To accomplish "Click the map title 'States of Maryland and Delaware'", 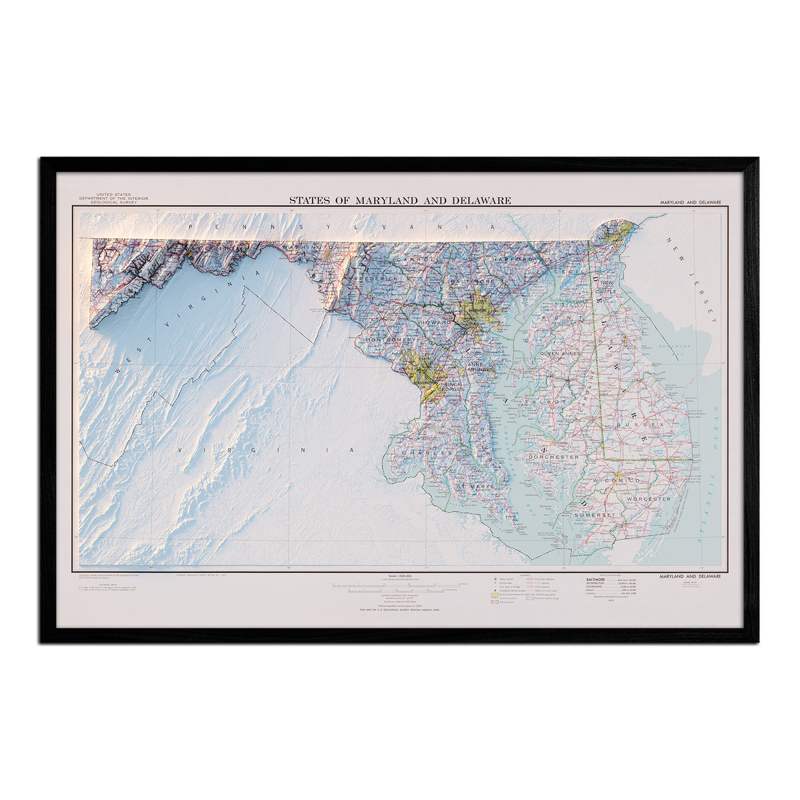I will coord(400,200).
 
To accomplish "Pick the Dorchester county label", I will coord(553,457).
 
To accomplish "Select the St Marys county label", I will coord(475,487).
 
